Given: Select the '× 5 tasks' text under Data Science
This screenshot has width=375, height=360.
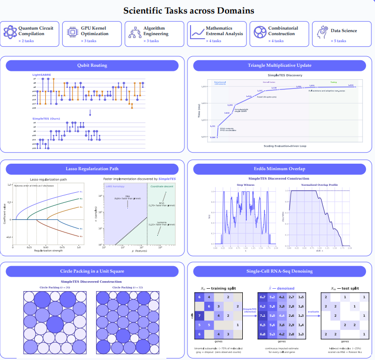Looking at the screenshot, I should point(338,41).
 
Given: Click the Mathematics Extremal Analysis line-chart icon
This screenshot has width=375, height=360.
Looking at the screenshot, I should point(198,33).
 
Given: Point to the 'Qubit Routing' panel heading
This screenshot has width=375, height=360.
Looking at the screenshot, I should point(91,65).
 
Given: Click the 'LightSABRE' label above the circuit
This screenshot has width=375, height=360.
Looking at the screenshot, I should point(42,75).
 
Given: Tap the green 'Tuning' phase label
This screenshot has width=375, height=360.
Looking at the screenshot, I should point(333,81).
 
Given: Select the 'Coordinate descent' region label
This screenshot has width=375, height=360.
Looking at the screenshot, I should point(161,186).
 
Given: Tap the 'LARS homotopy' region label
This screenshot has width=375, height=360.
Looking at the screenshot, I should point(115,186).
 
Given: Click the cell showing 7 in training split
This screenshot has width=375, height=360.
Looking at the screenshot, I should point(200,315).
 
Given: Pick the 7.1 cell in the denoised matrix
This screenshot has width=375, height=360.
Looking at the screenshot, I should point(263,315).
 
